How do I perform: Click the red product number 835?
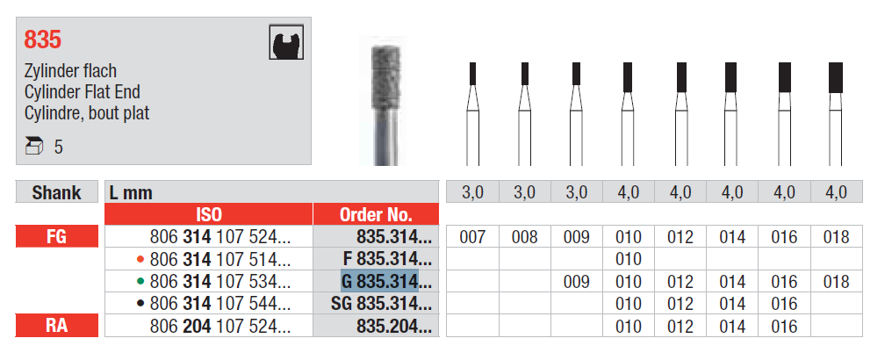(x=43, y=40)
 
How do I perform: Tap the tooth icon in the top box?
(x=286, y=42)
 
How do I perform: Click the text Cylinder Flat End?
(x=82, y=91)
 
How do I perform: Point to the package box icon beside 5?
(x=34, y=147)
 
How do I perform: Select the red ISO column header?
(x=209, y=214)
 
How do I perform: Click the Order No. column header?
(x=376, y=214)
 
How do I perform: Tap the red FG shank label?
(x=57, y=236)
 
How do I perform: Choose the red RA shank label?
(x=57, y=326)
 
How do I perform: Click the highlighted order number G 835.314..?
(x=379, y=281)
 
